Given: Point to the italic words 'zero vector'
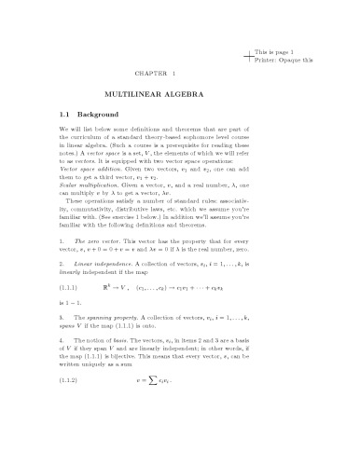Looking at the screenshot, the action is [93, 240].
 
